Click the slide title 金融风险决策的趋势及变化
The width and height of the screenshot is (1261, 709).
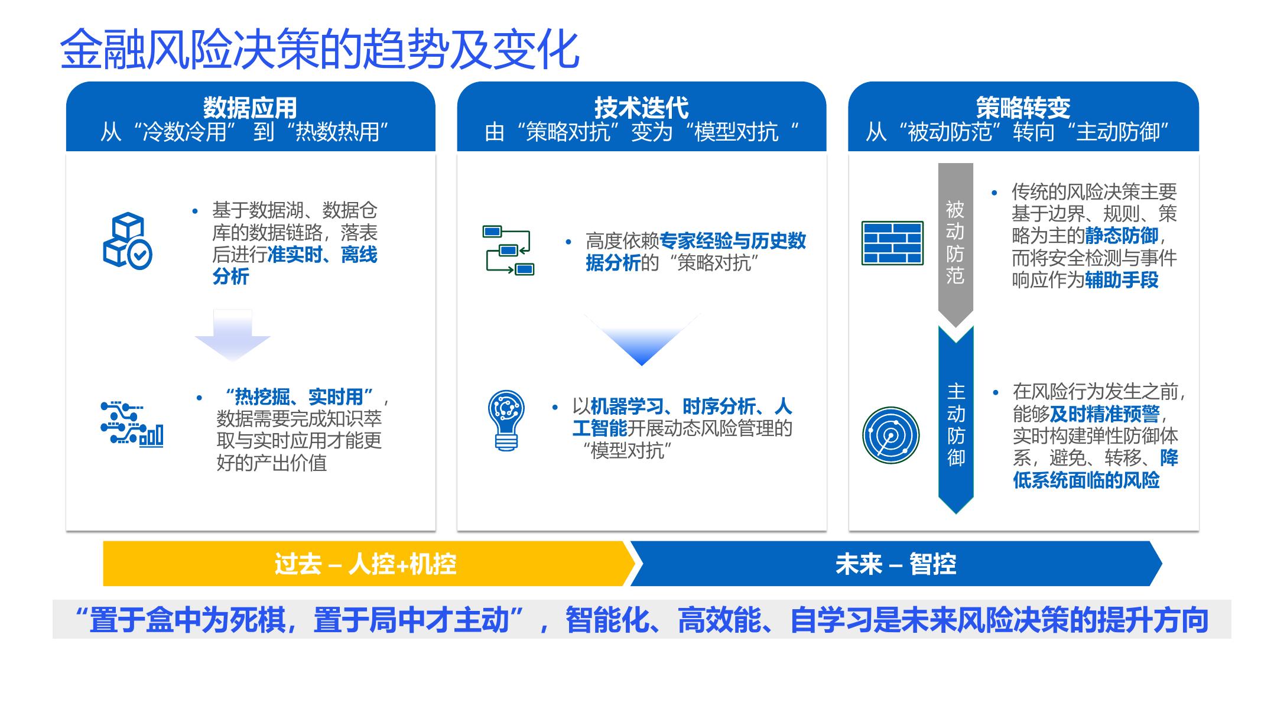pos(319,50)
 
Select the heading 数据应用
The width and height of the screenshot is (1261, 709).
pos(250,108)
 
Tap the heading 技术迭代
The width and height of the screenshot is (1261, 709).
pos(641,108)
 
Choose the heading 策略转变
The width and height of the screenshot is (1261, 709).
pos(1023,108)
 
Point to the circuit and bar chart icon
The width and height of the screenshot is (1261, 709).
pos(131,423)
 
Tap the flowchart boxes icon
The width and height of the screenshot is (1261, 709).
pos(508,251)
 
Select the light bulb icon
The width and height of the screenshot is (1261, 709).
pos(506,420)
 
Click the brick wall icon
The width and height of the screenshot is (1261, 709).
pos(892,243)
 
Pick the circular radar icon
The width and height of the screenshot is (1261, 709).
pos(890,435)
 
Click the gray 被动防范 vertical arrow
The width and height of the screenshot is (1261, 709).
pos(955,242)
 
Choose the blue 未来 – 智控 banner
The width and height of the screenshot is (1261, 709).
pos(895,564)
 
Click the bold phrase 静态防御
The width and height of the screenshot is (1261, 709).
pos(1121,236)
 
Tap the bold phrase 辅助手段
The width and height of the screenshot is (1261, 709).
pos(1121,280)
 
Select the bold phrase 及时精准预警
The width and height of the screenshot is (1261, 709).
pos(1104,414)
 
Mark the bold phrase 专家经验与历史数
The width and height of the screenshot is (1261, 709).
pos(732,241)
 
